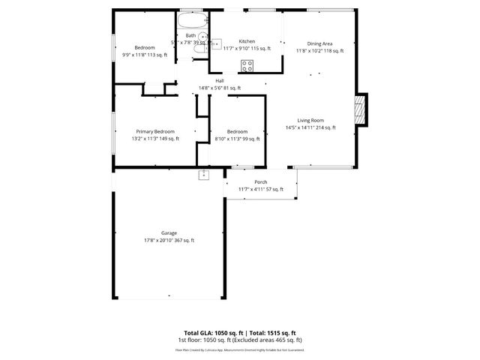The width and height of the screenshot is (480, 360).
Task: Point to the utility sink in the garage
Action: click(203, 175)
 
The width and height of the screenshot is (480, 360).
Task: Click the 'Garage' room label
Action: click(169, 232)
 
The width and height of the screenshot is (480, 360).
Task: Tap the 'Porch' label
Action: click(260, 182)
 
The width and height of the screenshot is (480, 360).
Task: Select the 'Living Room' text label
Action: click(310, 120)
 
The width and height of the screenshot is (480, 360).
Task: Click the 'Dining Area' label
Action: click(319, 43)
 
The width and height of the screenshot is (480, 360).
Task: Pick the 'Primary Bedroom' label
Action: click(155, 131)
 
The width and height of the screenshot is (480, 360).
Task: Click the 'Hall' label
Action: click(220, 81)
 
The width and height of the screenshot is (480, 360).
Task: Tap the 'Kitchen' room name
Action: click(247, 41)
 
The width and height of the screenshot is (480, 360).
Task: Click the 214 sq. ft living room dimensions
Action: click(310, 127)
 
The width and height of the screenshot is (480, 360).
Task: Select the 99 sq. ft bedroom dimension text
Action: click(237, 139)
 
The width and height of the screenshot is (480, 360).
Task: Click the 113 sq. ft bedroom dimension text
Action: click(144, 55)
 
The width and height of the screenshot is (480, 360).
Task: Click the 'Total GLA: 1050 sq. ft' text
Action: click(211, 332)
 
